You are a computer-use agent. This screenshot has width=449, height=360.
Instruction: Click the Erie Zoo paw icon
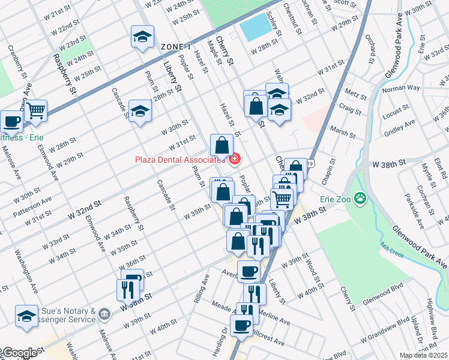tap(360, 197)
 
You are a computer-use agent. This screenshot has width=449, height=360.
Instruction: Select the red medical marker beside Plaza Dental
tap(235, 160)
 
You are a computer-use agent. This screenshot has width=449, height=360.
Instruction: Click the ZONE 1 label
tap(175, 47)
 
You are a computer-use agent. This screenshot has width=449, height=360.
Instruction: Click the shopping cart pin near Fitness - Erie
tap(36, 110)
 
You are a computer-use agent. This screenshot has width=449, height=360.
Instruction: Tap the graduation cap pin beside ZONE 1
tap(142, 37)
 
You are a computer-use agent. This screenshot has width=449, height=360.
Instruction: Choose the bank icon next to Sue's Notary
tap(104, 313)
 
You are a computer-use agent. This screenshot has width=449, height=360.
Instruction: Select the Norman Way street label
tap(402, 88)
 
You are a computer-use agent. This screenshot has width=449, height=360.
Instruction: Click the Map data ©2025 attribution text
tap(423, 355)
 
